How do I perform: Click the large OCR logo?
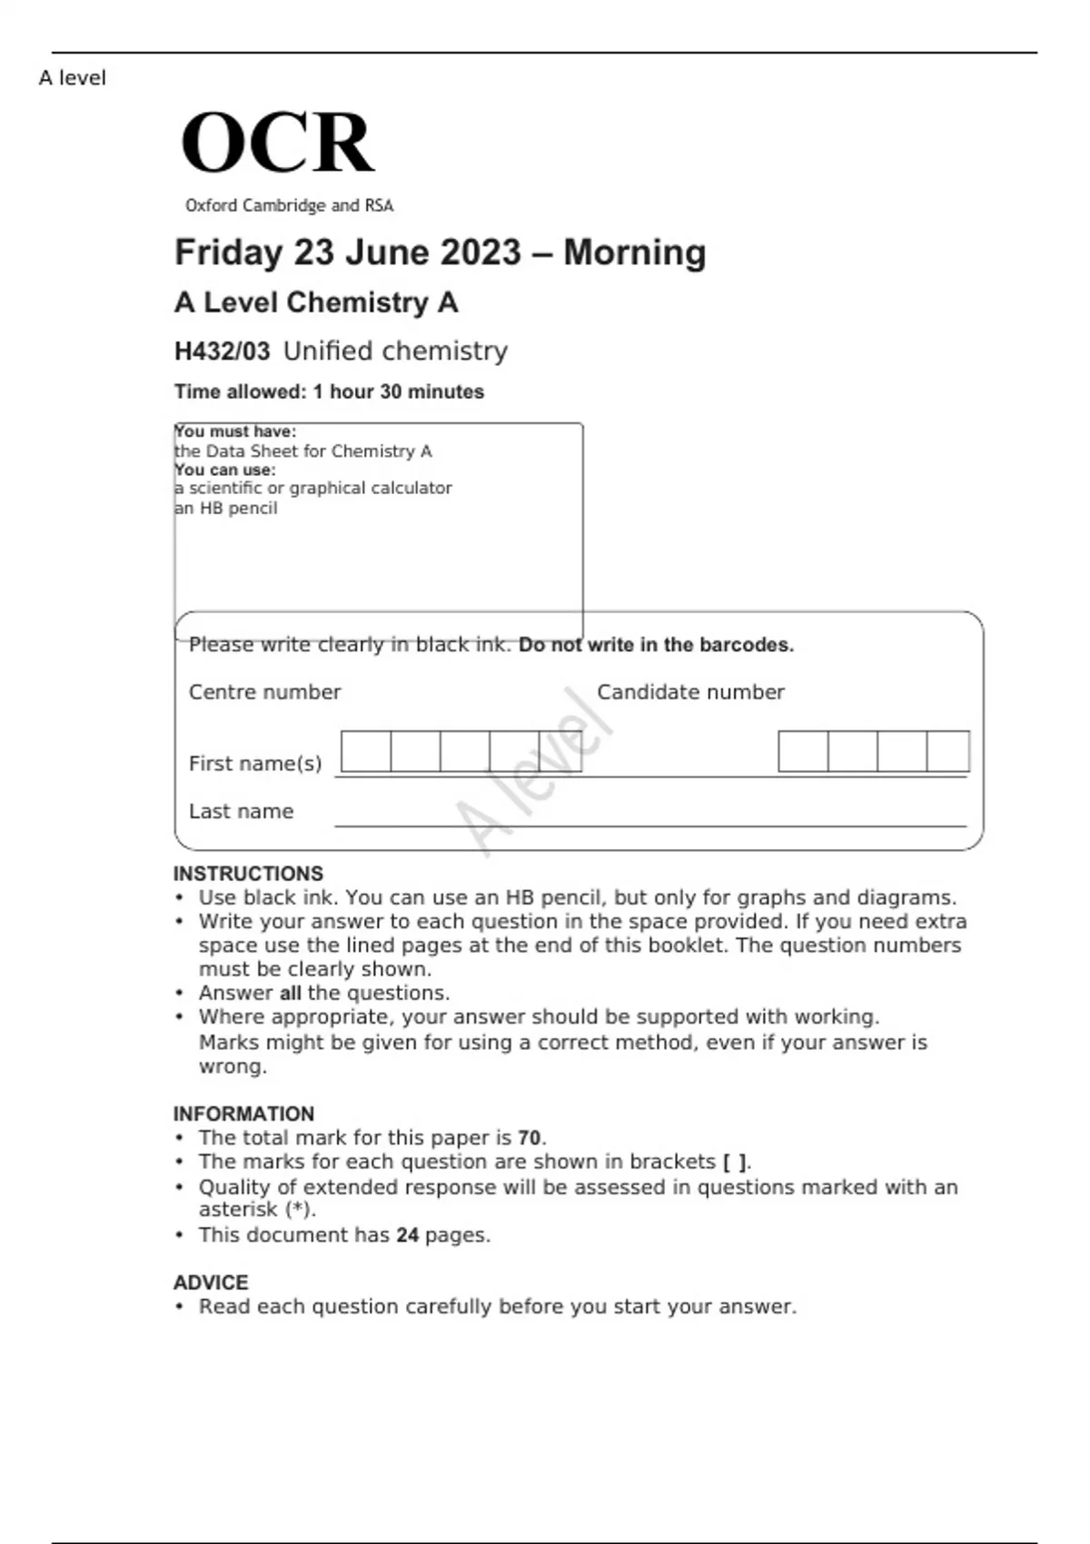click(x=277, y=143)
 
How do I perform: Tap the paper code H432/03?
click(x=222, y=351)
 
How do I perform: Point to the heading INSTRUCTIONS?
click(x=248, y=874)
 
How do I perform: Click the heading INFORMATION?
click(x=243, y=1113)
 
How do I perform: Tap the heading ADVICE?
click(x=211, y=1282)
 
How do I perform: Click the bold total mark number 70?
click(x=530, y=1138)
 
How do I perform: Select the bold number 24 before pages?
click(x=408, y=1235)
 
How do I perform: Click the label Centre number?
click(x=264, y=692)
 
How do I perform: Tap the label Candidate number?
click(x=690, y=692)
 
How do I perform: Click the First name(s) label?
click(x=255, y=764)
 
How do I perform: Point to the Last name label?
click(x=241, y=811)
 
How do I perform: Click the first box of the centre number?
click(x=366, y=752)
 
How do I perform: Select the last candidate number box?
click(x=947, y=752)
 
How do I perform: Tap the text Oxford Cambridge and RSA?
click(x=289, y=206)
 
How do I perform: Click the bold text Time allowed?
click(x=241, y=392)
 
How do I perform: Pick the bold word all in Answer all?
click(x=290, y=994)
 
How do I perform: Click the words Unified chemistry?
click(x=395, y=351)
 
